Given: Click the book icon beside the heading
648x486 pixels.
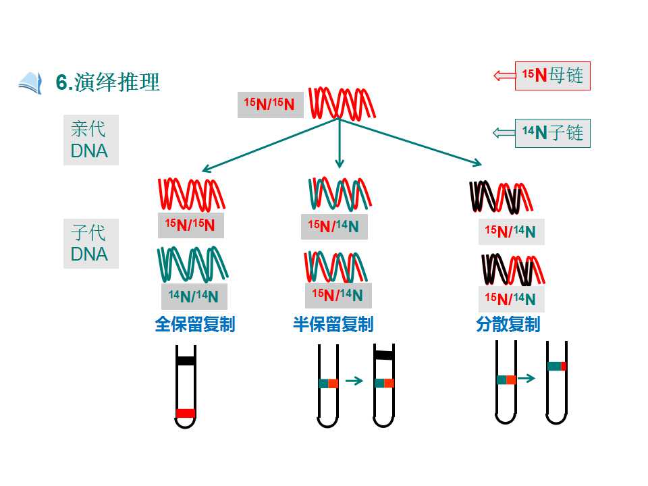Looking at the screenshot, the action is coord(30,83).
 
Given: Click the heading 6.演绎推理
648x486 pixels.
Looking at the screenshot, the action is coord(107,82).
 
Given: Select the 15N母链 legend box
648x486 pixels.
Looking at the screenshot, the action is coord(553,76).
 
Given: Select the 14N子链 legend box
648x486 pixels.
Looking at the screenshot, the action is coord(553,133).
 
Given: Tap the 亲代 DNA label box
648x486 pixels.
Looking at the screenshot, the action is coord(91,140).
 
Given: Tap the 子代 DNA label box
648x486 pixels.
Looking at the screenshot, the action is coord(91,244).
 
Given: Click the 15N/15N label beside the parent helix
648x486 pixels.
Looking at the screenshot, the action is coord(270,105).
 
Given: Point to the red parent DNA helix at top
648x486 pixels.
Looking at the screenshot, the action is coord(342,103).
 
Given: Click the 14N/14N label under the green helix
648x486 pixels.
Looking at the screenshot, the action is coord(194,296).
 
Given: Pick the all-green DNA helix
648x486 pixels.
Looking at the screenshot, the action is coord(192,265).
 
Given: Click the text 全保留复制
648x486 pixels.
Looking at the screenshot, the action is coord(195,325).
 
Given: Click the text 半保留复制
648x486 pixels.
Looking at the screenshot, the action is coord(333,325).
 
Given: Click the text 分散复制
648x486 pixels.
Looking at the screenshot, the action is coord(508,325).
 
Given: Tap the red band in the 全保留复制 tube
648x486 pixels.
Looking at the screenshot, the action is coord(186,413).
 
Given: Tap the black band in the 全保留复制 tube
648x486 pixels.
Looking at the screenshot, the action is coord(186,360).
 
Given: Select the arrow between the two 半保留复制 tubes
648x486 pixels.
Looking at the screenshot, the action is coord(354,381).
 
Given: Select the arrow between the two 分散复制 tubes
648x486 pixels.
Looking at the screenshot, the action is coord(526,378).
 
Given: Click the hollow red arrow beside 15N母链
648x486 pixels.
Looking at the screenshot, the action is coord(505,76).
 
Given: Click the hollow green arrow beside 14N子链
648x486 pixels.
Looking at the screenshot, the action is coord(504,133).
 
